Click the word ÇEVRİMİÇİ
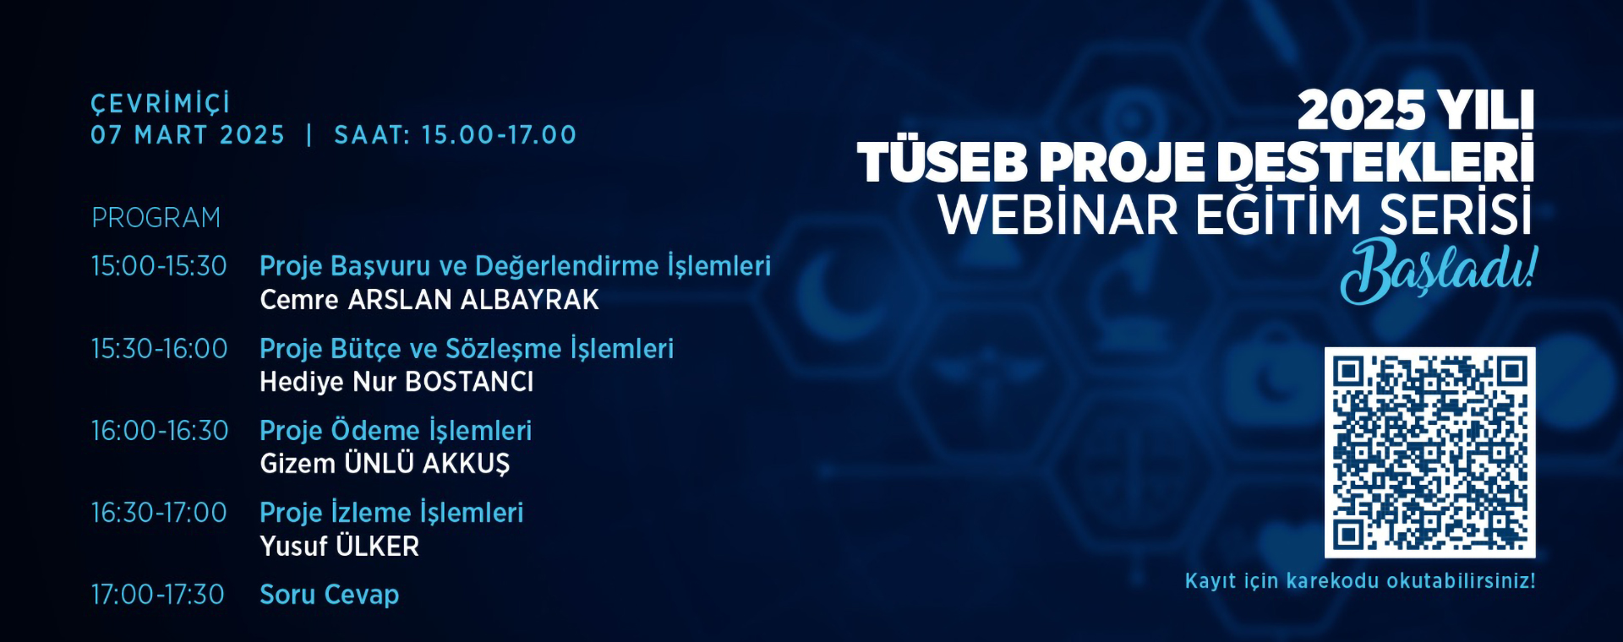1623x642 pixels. [x=161, y=104]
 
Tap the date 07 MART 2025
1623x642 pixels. [x=188, y=135]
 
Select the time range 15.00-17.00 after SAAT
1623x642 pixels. [x=499, y=135]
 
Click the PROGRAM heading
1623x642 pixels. [x=156, y=218]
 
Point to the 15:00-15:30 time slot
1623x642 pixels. [x=159, y=266]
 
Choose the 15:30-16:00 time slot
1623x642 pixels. [x=159, y=349]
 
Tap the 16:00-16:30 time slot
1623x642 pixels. [x=159, y=431]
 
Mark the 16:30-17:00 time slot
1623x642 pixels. [x=159, y=513]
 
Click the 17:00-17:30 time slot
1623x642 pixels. [x=157, y=595]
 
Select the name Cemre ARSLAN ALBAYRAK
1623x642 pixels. [x=429, y=300]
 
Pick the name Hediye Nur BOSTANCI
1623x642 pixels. [x=396, y=382]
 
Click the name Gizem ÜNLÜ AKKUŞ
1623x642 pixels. [x=385, y=464]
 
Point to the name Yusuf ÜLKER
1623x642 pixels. [x=339, y=547]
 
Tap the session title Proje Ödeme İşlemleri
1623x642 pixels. [x=396, y=431]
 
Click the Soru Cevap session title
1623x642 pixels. [x=329, y=595]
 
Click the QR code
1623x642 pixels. [x=1429, y=452]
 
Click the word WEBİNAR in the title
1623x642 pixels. [x=1057, y=215]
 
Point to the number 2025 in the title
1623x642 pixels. [x=1361, y=111]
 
